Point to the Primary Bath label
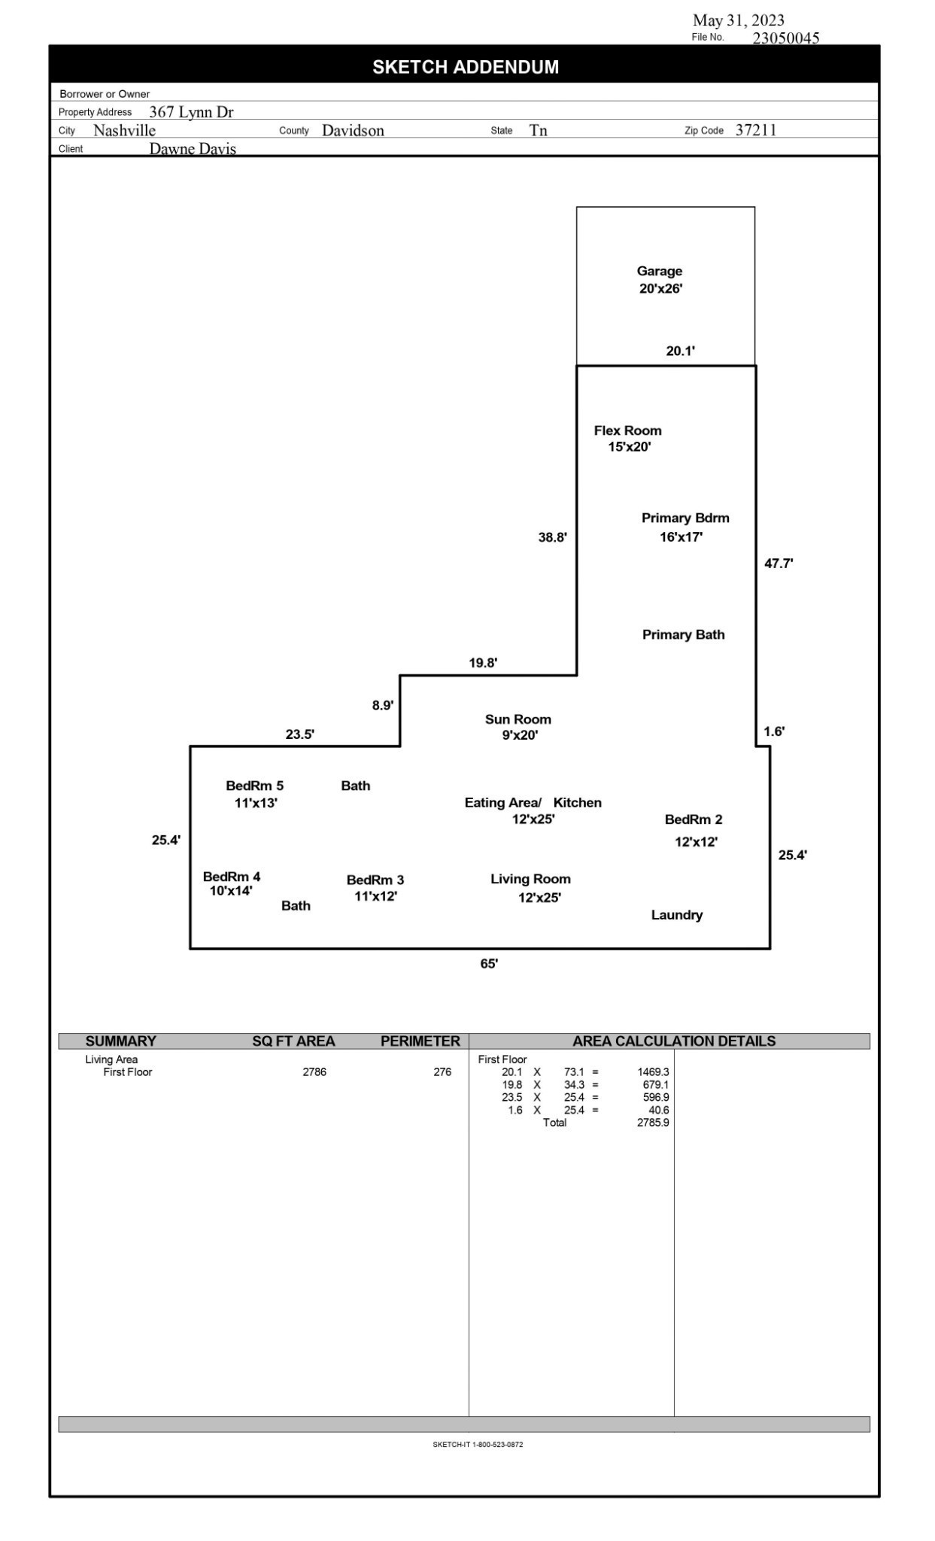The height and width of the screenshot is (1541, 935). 684,634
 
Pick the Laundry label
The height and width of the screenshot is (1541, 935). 677,915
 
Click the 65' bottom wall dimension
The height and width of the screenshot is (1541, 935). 489,964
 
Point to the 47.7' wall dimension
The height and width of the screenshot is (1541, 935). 779,563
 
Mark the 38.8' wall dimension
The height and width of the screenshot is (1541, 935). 553,537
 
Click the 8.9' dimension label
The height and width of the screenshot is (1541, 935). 383,705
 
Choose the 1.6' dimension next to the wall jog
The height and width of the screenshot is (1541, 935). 774,731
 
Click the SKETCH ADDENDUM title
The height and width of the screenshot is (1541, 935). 466,67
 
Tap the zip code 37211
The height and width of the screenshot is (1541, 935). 756,129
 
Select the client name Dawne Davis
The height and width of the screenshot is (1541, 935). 193,148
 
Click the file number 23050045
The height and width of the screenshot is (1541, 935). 786,38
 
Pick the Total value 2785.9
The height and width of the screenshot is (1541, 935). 653,1123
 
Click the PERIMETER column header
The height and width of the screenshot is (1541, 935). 420,1041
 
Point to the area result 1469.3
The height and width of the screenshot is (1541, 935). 653,1071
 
